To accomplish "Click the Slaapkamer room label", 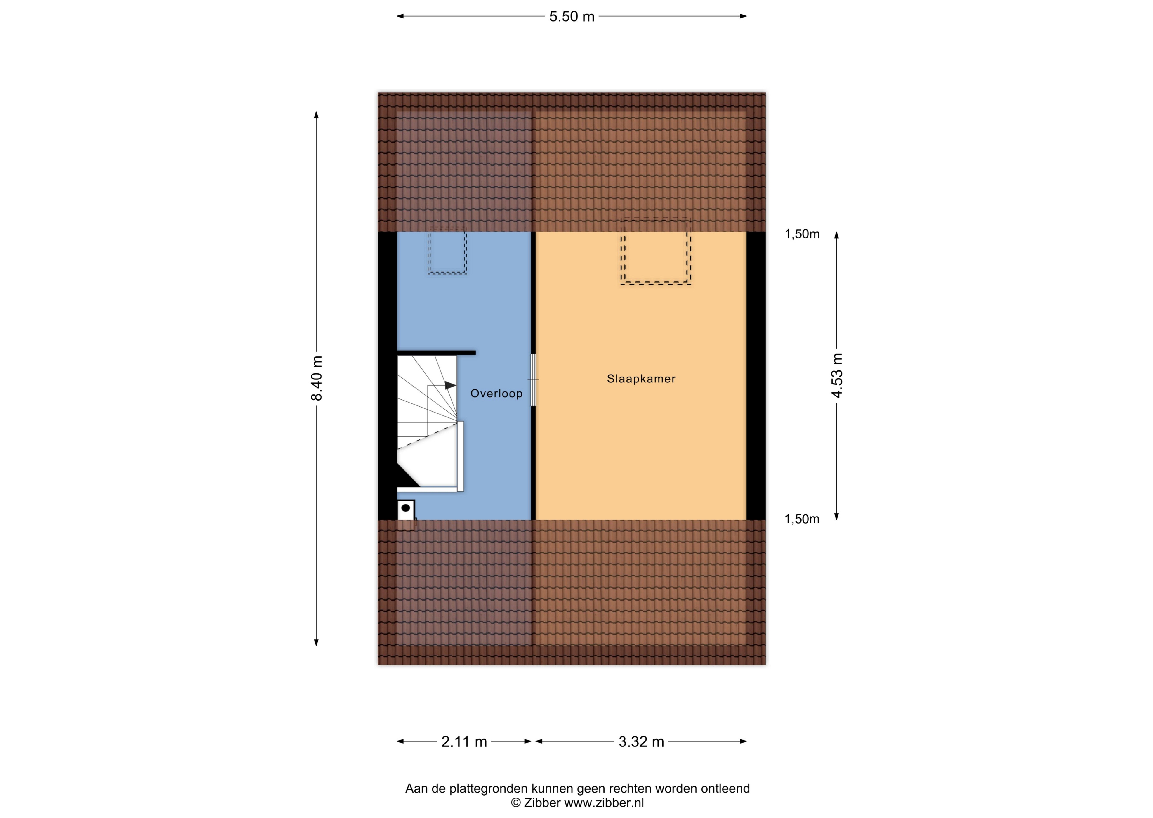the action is pyautogui.click(x=641, y=379).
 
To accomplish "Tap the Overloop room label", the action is pyautogui.click(x=496, y=394).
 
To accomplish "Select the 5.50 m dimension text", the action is pyautogui.click(x=572, y=17).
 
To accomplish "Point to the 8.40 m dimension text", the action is pyautogui.click(x=317, y=378).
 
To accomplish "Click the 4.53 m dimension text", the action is pyautogui.click(x=837, y=376).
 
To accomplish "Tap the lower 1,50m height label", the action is pyautogui.click(x=802, y=519).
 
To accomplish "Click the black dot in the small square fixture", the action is pyautogui.click(x=405, y=508).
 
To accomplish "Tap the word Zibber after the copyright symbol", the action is pyautogui.click(x=542, y=803).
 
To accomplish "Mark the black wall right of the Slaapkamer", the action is pyautogui.click(x=756, y=376).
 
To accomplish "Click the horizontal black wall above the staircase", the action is pyautogui.click(x=436, y=353).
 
